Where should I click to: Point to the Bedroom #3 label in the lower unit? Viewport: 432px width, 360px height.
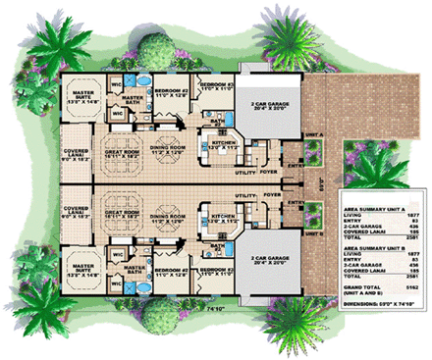pos(214,269)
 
